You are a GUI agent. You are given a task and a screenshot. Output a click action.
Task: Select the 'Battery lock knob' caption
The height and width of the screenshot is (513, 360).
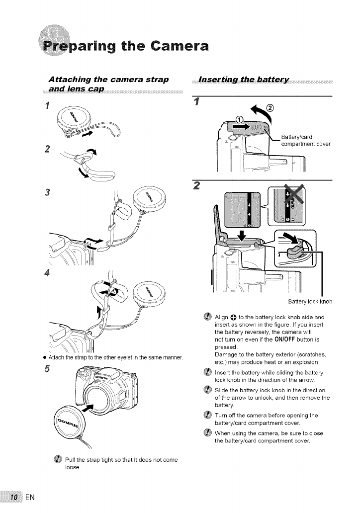click(x=311, y=302)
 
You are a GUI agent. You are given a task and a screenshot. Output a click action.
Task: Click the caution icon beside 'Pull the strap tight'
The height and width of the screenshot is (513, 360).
click(x=56, y=460)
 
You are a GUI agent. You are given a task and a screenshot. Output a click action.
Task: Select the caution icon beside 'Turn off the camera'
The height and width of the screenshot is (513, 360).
click(x=206, y=415)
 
